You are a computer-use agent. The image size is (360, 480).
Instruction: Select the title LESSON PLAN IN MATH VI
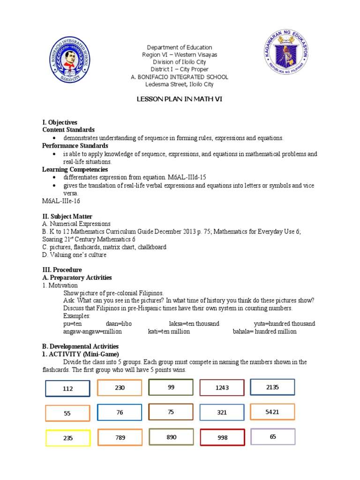179,100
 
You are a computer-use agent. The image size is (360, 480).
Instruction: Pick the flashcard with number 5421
272,412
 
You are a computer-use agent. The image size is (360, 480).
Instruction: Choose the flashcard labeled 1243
222,388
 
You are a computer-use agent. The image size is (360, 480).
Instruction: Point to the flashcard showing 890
171,437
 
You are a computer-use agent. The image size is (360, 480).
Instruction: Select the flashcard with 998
222,437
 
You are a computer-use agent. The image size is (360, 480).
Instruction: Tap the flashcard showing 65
273,436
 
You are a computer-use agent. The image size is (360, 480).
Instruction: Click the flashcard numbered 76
120,412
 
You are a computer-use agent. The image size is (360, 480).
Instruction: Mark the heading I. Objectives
60,122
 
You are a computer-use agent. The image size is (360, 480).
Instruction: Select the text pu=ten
73,324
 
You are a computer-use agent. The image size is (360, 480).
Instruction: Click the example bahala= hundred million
264,331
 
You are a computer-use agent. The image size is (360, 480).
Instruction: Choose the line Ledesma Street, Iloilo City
180,84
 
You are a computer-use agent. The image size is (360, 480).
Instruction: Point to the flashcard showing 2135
272,387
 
